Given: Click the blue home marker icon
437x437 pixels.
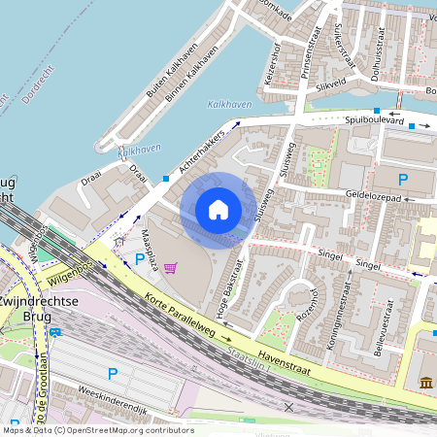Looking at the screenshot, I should click(218, 210).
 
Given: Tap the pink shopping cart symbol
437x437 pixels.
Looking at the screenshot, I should click(171, 267).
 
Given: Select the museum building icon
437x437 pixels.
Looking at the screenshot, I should click(427, 386).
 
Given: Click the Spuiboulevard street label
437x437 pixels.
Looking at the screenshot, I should click(374, 120).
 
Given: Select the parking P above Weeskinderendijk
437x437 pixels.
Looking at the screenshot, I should click(112, 373).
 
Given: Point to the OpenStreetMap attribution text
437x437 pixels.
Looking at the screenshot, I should click(97, 430).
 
